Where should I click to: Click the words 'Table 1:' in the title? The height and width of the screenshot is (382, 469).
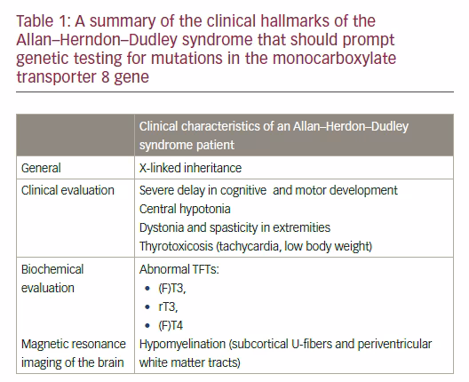43,21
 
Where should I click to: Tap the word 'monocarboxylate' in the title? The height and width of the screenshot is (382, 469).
334,59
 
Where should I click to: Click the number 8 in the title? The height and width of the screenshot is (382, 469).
105,77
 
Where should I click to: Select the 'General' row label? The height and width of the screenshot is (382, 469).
41,168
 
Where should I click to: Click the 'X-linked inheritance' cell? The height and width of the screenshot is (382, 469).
190,168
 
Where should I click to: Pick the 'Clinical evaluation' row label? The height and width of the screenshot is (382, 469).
68,190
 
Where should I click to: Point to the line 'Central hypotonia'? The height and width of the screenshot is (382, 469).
185,209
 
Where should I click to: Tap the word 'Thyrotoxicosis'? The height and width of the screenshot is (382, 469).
176,246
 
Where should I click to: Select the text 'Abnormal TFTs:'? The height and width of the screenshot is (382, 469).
179,269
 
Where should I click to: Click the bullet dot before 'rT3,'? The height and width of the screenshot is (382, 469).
147,306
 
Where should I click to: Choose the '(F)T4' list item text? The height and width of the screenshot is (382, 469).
171,325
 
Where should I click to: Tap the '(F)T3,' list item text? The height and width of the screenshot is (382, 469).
172,289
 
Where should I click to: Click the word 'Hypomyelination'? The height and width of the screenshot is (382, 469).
182,345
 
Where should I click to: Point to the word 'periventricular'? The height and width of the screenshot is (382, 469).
394,345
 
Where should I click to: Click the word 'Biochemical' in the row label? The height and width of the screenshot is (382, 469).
52,269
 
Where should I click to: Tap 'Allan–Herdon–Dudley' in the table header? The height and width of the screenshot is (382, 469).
351,126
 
